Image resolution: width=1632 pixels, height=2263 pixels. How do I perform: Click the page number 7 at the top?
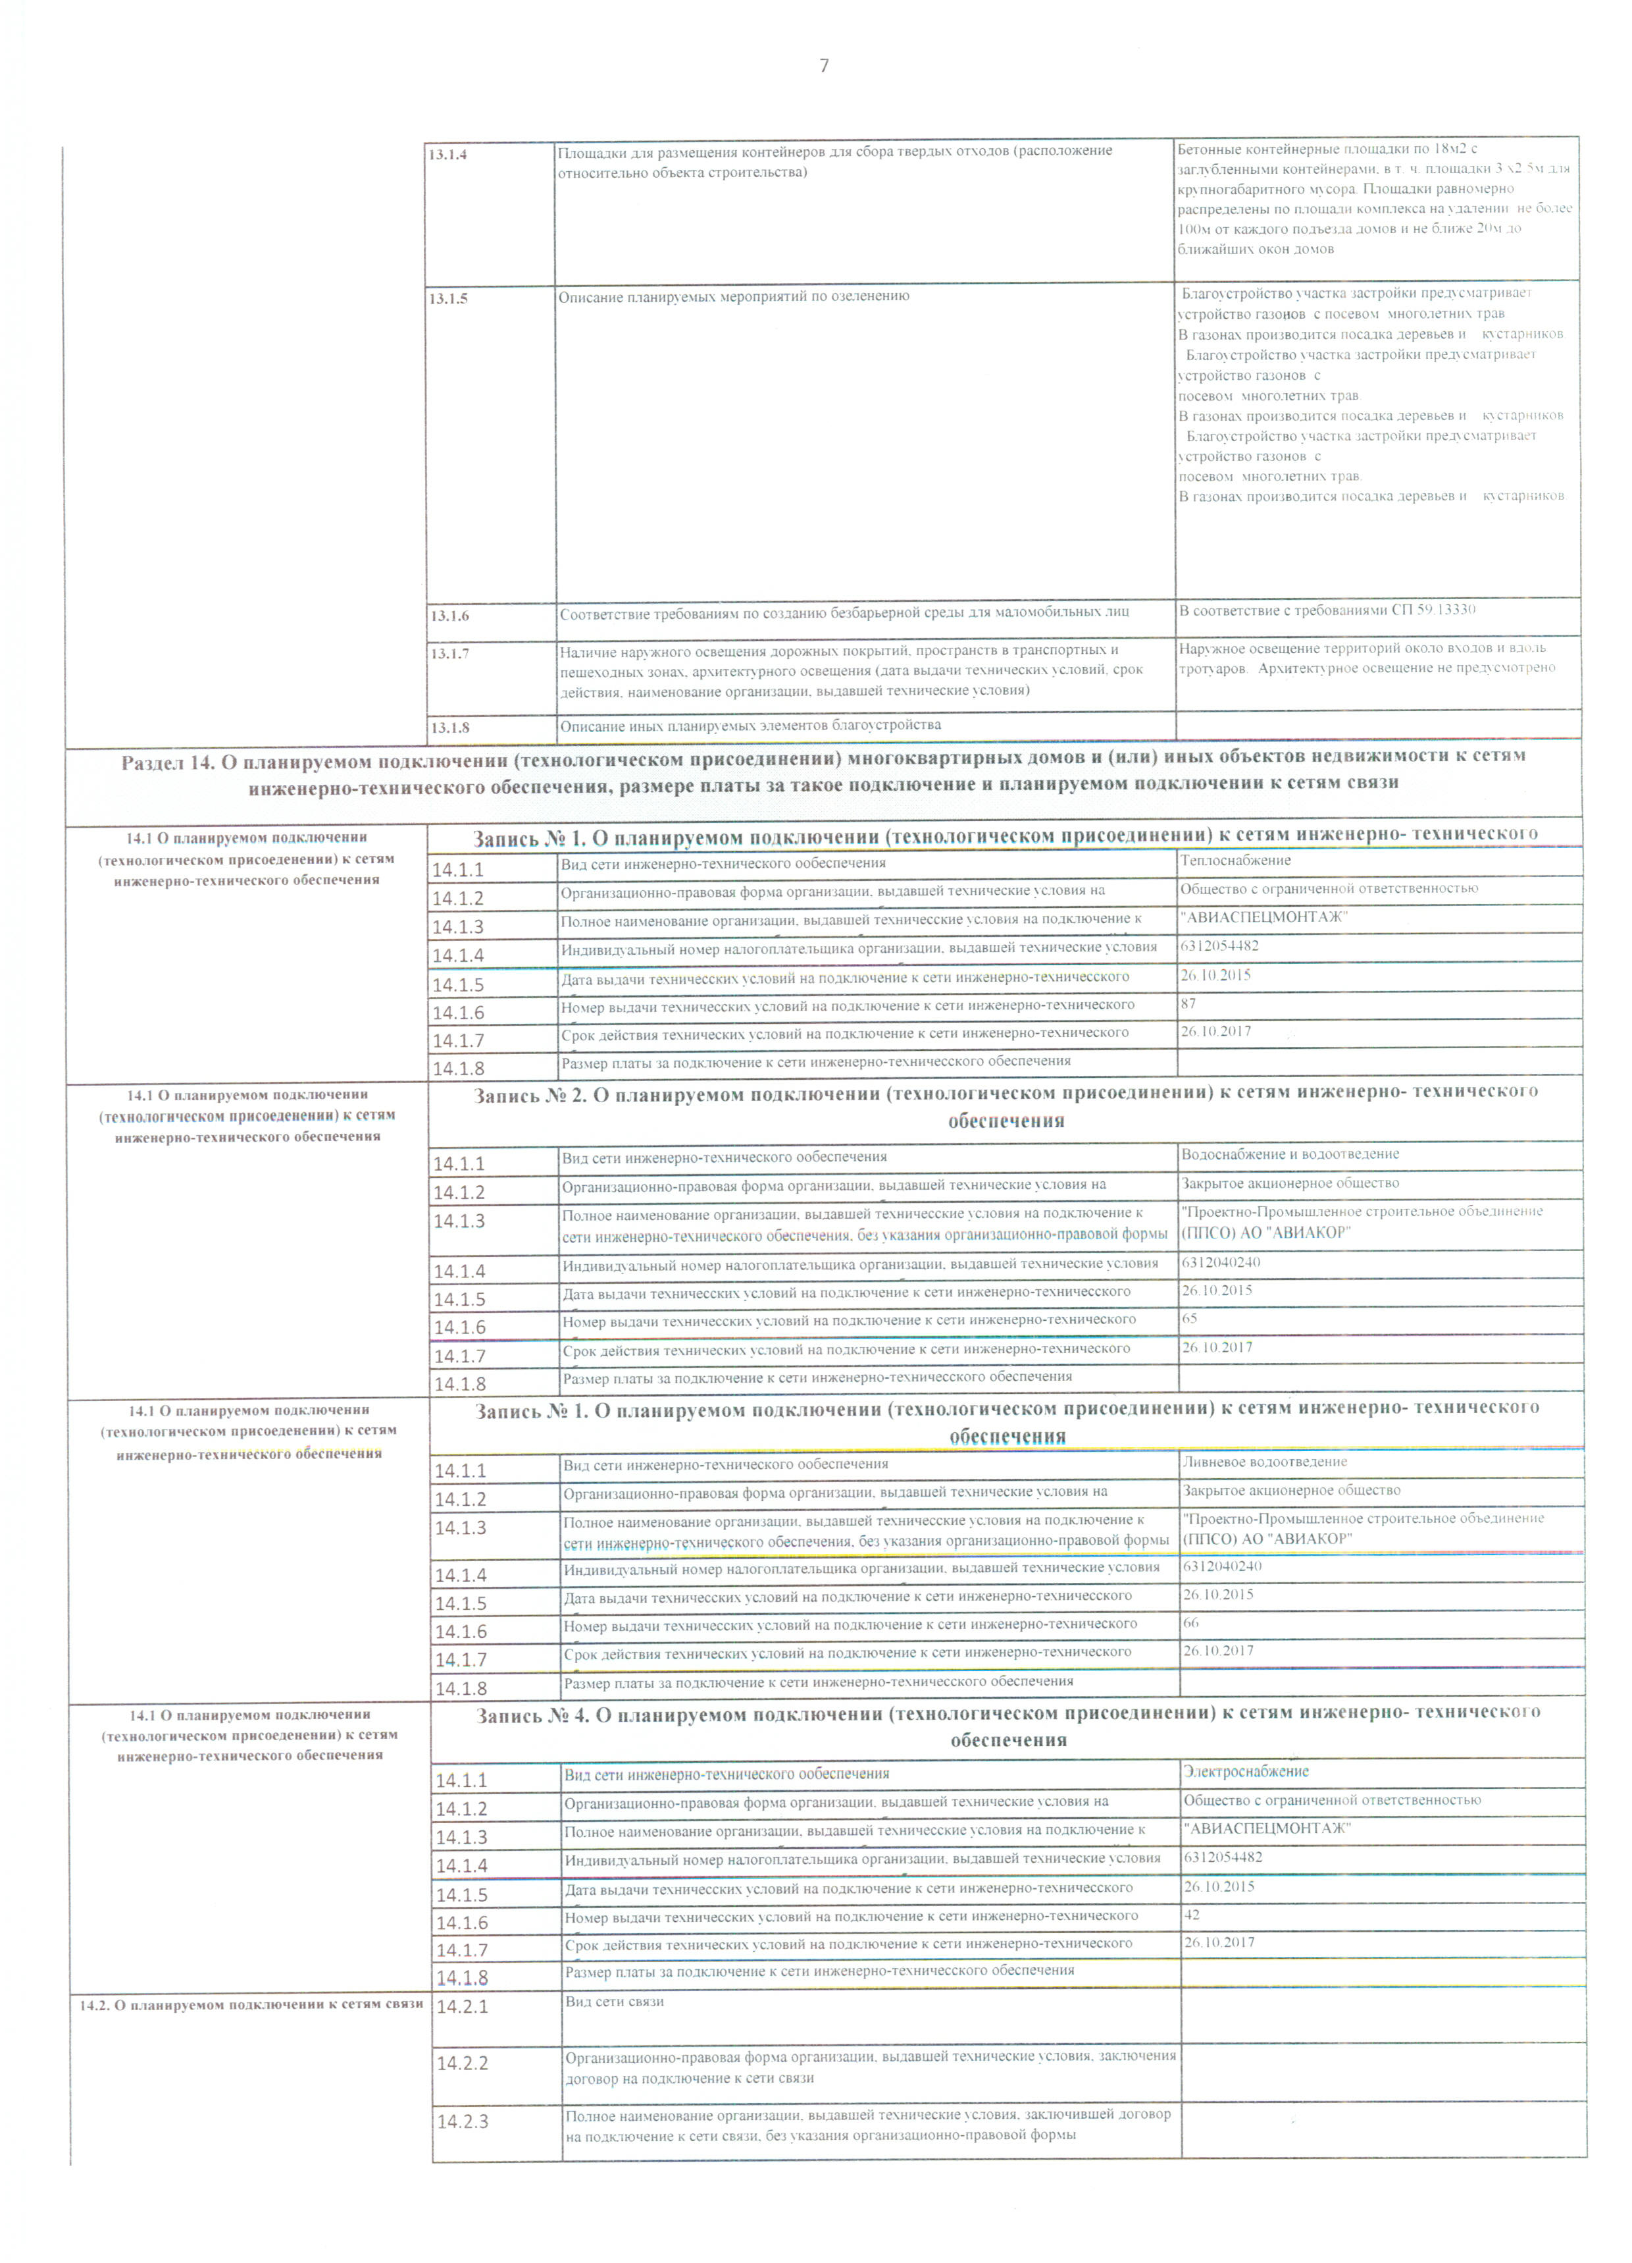click(x=823, y=67)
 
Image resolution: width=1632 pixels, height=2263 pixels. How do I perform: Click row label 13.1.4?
click(x=448, y=155)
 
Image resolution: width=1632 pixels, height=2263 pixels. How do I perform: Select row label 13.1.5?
click(x=449, y=298)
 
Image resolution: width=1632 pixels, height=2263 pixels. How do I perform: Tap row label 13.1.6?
click(x=450, y=616)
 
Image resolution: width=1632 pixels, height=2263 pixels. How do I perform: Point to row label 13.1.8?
click(x=450, y=728)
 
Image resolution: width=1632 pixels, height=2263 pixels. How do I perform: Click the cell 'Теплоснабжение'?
click(x=1235, y=860)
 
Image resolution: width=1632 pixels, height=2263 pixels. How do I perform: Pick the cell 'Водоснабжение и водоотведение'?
click(x=1290, y=1154)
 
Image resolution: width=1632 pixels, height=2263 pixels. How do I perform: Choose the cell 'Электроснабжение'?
click(x=1246, y=1771)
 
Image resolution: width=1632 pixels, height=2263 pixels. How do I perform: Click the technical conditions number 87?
click(x=1188, y=1004)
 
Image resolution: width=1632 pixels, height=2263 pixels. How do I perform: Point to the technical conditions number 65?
click(x=1189, y=1318)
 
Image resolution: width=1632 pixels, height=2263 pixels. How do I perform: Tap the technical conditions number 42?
click(x=1192, y=1915)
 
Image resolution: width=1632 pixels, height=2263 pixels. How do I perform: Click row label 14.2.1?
click(x=462, y=2007)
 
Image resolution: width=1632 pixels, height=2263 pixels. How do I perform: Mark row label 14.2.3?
click(x=463, y=2121)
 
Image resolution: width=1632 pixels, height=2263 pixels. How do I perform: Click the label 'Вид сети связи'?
click(x=615, y=2002)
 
